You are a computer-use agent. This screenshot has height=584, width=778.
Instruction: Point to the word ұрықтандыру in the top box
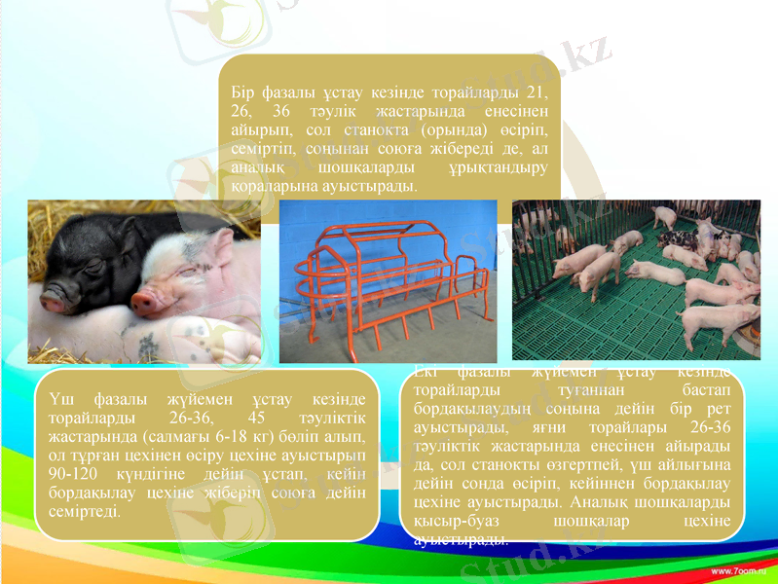[497, 167]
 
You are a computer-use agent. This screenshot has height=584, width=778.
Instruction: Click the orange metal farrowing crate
[388, 282]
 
